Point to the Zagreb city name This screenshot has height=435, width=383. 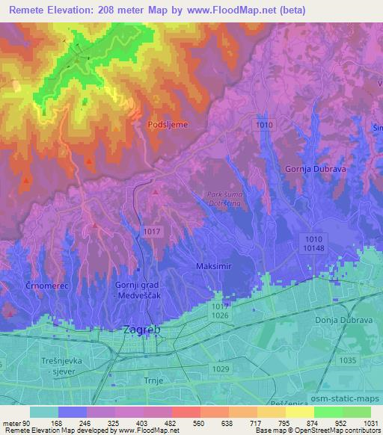coord(141,330)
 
